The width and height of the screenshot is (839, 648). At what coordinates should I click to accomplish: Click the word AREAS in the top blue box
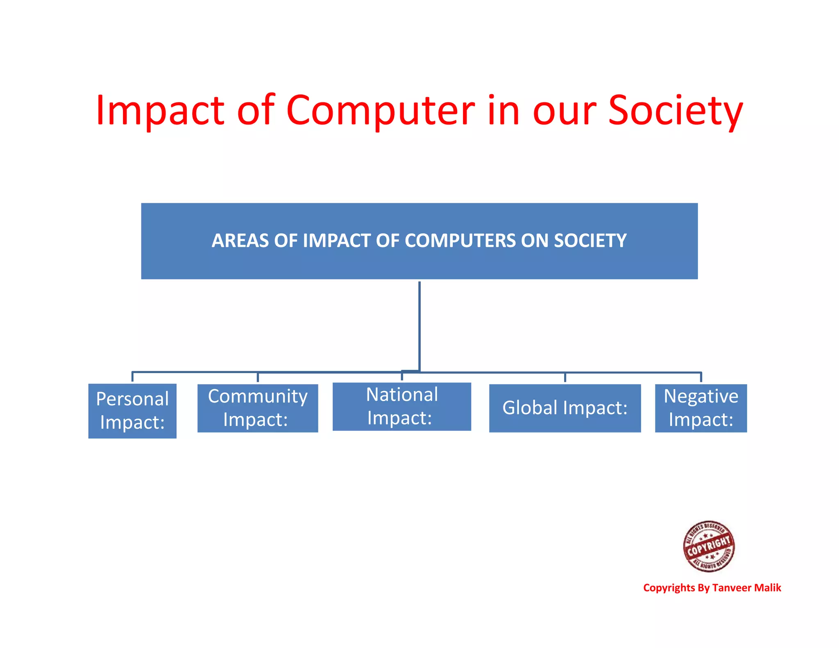coord(240,240)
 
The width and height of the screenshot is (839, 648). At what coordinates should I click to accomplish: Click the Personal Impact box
coord(132,411)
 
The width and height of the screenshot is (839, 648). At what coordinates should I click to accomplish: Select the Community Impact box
coord(258,408)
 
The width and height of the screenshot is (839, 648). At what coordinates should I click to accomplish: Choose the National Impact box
coord(402,406)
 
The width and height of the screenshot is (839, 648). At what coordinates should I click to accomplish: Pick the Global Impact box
coord(565,408)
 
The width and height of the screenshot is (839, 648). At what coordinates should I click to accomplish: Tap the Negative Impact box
coord(701,408)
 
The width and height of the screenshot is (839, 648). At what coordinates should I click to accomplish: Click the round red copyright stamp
coord(709,546)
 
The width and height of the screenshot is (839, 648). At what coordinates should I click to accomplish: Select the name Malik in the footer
coord(768,588)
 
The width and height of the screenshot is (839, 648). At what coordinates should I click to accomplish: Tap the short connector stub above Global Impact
coord(565,377)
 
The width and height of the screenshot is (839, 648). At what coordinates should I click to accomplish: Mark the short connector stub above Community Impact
coord(258,377)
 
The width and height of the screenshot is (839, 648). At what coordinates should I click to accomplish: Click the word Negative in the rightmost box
coord(701,396)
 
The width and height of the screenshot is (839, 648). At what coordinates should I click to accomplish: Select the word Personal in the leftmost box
coord(132,399)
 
